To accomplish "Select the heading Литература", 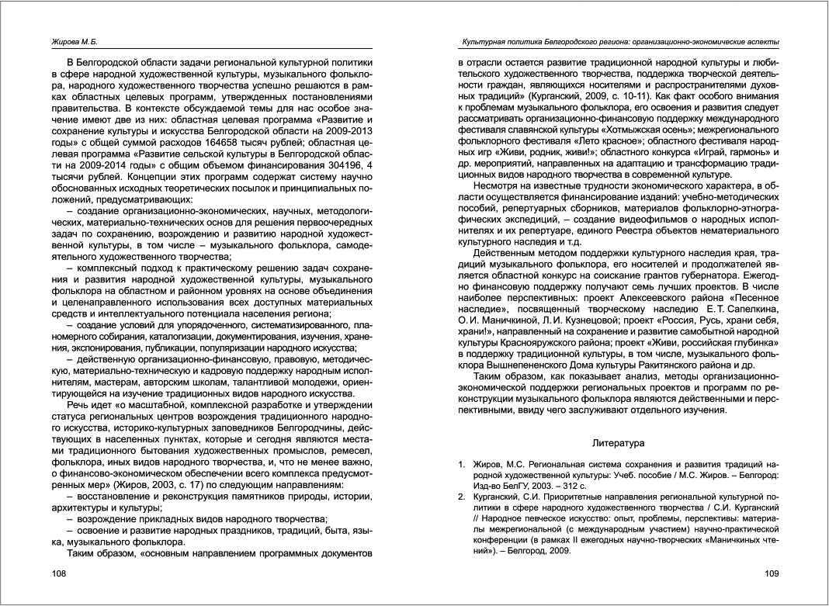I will coord(618,443).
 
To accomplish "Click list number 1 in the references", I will coord(461,466).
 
